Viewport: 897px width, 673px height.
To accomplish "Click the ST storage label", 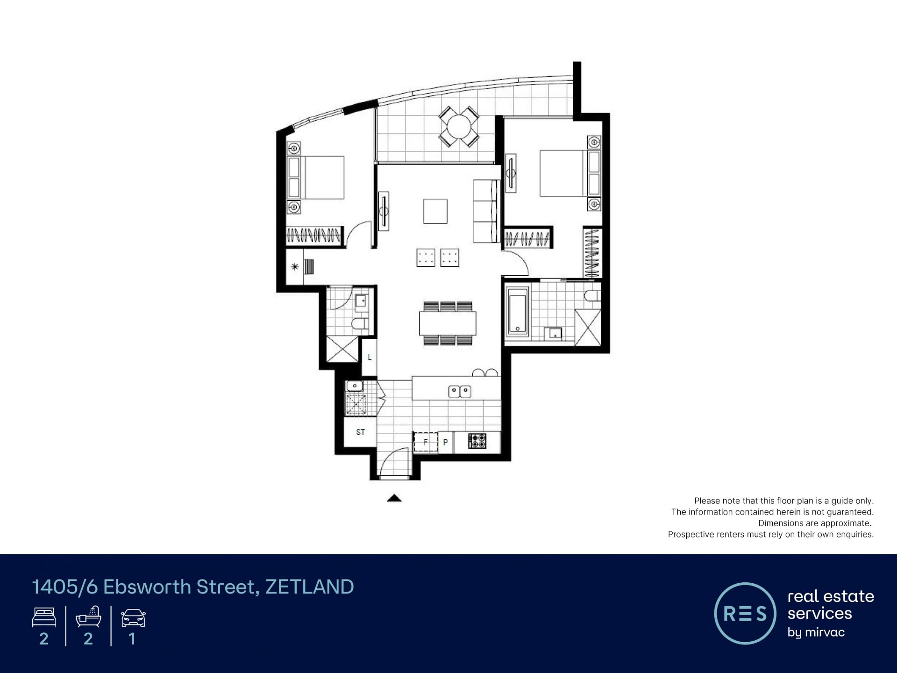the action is tap(360, 432).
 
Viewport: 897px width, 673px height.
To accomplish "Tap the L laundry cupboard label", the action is tap(369, 358).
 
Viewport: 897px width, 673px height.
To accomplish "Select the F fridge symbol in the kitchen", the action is tap(426, 442).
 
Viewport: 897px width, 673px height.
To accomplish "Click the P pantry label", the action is tap(445, 442).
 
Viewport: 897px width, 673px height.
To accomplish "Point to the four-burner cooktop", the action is tap(477, 441).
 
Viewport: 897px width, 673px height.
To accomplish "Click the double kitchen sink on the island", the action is tap(460, 391).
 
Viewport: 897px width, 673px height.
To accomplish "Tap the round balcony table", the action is tap(459, 127).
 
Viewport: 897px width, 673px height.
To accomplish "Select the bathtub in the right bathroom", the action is tap(517, 311).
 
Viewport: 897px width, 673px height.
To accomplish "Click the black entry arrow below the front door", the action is tap(394, 498).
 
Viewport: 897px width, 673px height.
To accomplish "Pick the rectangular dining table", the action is tap(448, 323).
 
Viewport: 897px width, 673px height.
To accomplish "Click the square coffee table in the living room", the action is tap(435, 211).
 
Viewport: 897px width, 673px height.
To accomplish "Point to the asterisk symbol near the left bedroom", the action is tap(295, 267).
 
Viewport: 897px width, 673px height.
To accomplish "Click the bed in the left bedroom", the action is tap(315, 178).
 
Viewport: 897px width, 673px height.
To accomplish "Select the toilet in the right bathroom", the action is tap(592, 296).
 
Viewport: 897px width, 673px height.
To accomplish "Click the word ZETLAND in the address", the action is tap(310, 587).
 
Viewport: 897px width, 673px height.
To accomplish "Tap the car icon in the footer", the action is tap(133, 618).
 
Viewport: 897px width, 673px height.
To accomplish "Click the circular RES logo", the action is tap(745, 613).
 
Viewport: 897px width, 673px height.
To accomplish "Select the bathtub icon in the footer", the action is tap(88, 617).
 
